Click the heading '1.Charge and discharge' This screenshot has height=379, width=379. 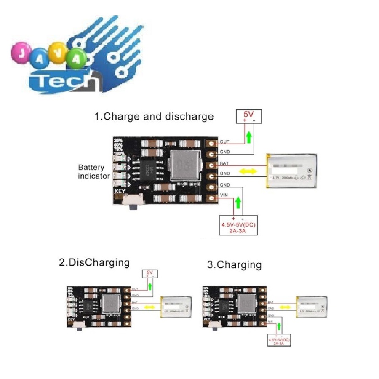pos(154,117)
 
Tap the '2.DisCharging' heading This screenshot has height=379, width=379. pos(94,263)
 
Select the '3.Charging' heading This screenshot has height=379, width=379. pos(234,265)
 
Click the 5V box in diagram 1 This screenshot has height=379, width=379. pos(248,116)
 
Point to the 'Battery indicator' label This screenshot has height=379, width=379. pos(94,171)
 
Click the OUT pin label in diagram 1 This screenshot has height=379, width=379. pos(224,142)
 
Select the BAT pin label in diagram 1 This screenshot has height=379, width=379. pos(224,163)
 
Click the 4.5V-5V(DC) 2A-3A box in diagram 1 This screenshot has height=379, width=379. pos(238,225)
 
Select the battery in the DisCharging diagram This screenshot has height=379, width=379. pos(177,307)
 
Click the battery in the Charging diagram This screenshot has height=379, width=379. pos(312,307)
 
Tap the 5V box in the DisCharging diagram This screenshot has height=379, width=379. pos(149,273)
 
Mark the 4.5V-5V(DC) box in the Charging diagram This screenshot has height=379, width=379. pos(279,340)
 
